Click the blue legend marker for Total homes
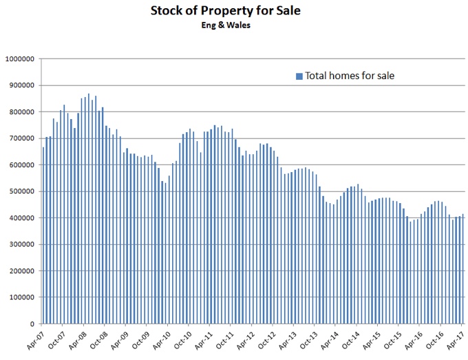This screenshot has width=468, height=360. coord(299,76)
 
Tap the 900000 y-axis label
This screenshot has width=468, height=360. coord(21,86)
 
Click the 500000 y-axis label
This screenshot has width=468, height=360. coord(21,191)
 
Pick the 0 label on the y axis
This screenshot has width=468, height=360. coord(32,324)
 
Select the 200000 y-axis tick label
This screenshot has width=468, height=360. coord(21,271)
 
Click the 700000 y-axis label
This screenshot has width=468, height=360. coord(21,138)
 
